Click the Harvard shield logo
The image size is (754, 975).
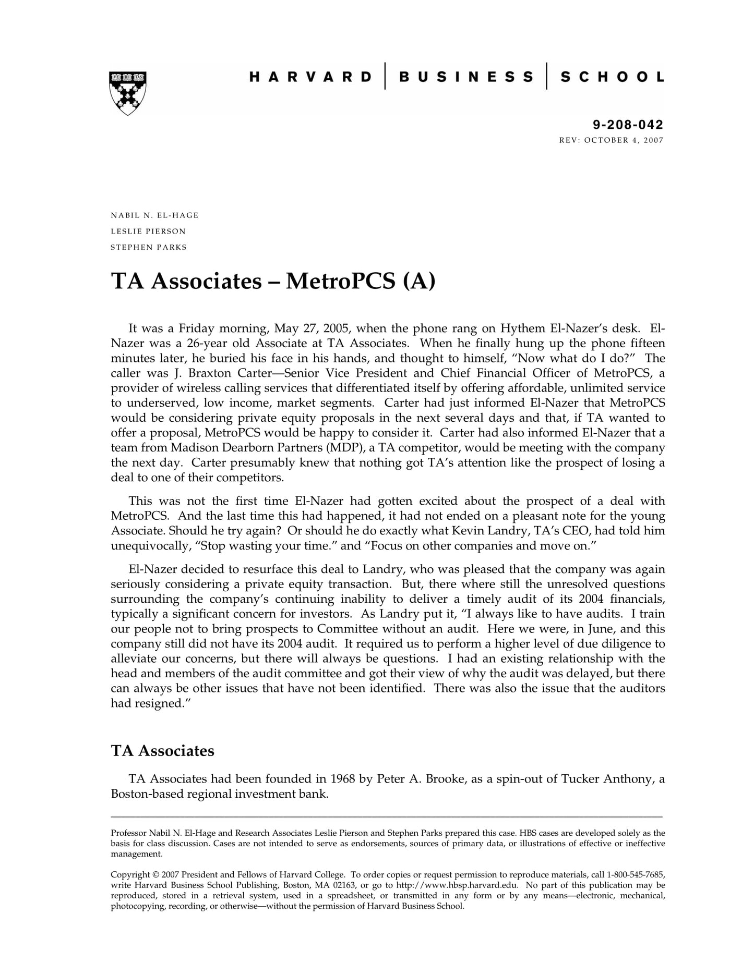tap(127, 93)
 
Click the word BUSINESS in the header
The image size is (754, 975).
tap(466, 77)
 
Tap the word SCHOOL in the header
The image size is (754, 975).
tap(612, 77)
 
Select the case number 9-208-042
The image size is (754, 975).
tap(628, 125)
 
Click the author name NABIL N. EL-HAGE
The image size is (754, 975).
tap(154, 215)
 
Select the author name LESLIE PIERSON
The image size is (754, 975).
tap(148, 231)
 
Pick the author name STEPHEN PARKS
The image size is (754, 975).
tap(148, 247)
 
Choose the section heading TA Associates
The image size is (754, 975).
tap(162, 751)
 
